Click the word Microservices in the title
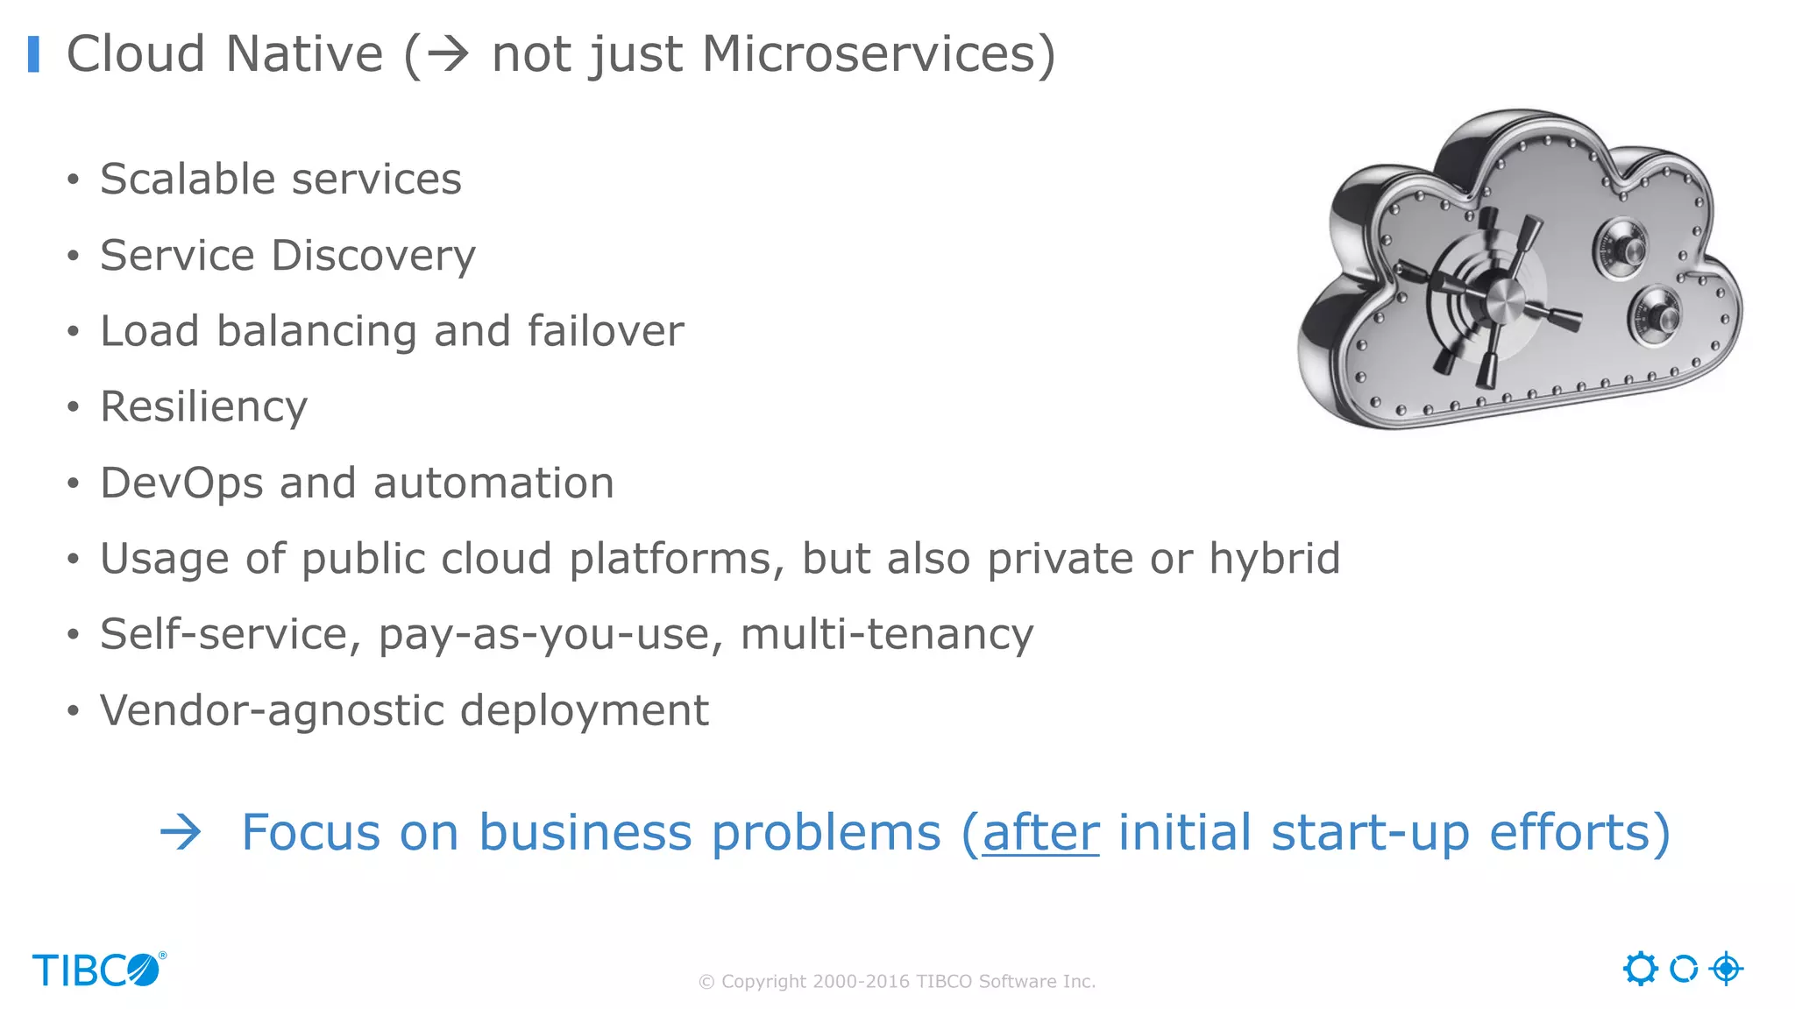(x=869, y=54)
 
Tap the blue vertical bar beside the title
(x=34, y=54)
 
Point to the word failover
(x=605, y=331)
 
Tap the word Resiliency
(x=203, y=407)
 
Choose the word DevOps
(x=181, y=483)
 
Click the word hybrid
(x=1274, y=559)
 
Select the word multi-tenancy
(x=887, y=634)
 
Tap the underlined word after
(x=1040, y=832)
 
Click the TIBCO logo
(x=98, y=970)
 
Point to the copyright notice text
(x=897, y=982)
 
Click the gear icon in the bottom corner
(x=1640, y=969)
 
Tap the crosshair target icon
(x=1726, y=969)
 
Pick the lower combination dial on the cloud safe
(x=1655, y=314)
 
